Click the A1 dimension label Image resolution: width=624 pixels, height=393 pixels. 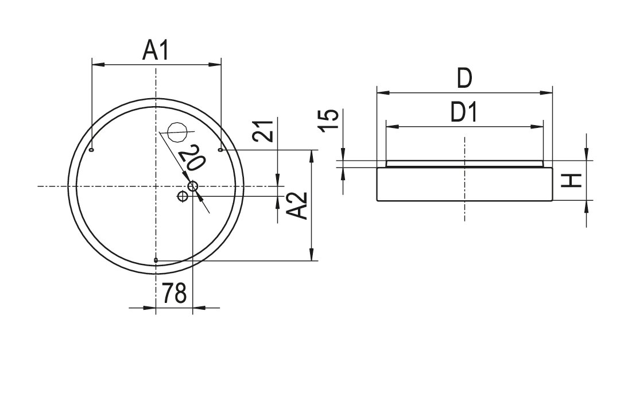click(x=156, y=50)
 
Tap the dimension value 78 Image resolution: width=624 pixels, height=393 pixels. click(x=174, y=293)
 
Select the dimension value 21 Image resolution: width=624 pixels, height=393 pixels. click(x=264, y=131)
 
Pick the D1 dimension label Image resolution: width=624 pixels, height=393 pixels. click(x=464, y=112)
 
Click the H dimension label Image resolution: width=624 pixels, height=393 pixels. click(x=572, y=181)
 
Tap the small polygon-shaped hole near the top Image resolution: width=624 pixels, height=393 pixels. click(x=177, y=131)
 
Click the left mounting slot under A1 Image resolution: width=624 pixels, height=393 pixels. click(x=92, y=150)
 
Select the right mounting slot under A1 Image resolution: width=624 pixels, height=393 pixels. click(x=220, y=150)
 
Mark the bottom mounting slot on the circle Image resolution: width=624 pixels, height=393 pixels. click(x=156, y=260)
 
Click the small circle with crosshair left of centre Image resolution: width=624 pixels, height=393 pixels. click(x=183, y=196)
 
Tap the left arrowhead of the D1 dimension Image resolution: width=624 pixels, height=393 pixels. click(x=392, y=127)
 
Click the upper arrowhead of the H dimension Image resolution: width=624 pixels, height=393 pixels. click(x=587, y=154)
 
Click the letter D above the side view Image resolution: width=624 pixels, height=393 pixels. click(x=464, y=79)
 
